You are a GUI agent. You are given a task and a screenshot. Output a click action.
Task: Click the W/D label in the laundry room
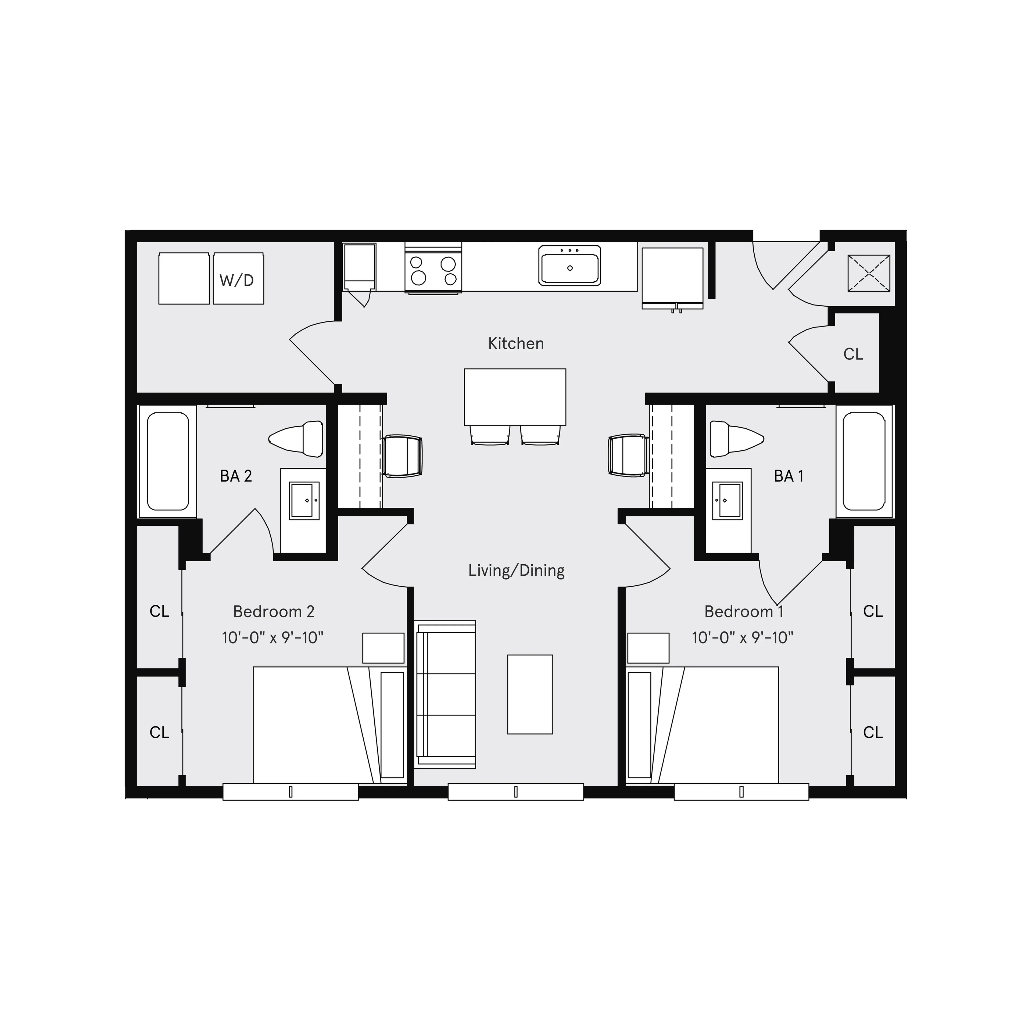[236, 280]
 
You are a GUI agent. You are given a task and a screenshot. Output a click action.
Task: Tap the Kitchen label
[516, 343]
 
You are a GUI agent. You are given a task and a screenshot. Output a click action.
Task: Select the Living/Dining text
[516, 571]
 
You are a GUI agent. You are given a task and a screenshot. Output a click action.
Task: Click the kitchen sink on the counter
[569, 266]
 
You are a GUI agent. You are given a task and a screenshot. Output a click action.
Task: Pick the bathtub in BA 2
[168, 461]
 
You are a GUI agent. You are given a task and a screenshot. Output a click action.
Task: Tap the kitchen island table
[515, 397]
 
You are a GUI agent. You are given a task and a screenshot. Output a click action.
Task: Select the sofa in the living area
[445, 694]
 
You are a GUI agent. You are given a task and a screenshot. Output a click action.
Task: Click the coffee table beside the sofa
[530, 694]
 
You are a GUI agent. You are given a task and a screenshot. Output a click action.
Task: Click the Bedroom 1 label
[744, 612]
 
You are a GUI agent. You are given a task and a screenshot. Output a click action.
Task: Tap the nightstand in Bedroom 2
[383, 648]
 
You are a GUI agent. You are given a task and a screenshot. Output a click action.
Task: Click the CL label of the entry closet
[853, 354]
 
